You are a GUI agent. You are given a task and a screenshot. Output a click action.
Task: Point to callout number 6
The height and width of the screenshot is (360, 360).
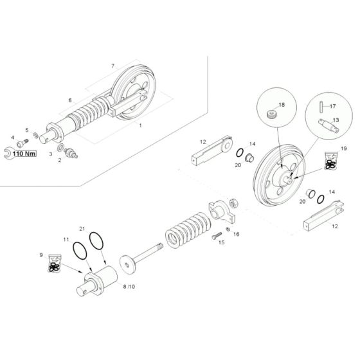coord(70,100)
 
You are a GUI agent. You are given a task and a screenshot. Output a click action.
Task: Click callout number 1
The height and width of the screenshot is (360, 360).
coord(141,127)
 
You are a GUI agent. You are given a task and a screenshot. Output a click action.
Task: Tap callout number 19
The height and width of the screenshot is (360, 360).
coord(343,148)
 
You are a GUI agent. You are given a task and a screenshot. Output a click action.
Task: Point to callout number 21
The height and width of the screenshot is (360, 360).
coord(82,230)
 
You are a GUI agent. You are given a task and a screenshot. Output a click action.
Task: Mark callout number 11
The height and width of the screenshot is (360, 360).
coord(66,239)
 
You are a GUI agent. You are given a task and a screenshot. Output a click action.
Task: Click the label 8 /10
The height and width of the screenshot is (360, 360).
coord(129,285)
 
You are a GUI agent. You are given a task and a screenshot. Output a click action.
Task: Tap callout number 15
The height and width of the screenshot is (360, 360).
coord(222,243)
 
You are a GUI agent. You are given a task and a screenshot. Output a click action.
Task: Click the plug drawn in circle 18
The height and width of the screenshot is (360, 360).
coord(273,114)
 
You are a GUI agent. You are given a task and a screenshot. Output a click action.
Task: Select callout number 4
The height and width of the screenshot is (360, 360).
coord(12,137)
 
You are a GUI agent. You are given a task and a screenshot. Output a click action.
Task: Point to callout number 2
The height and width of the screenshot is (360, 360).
coord(59,160)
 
